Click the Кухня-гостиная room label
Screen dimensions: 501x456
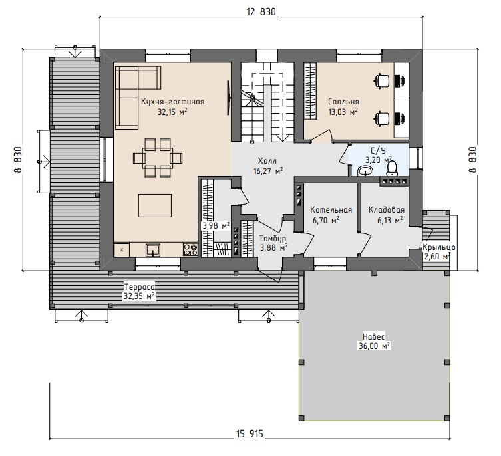point(172,102)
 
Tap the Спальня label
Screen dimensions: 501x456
point(343,102)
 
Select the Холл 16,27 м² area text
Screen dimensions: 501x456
point(268,166)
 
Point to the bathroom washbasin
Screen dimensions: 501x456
point(365,171)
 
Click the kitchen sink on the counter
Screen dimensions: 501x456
point(153,250)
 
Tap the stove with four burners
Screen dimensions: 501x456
point(190,250)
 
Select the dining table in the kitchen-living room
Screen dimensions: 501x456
point(158,158)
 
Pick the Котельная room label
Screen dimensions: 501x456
point(331,210)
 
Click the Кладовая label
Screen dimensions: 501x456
point(387,210)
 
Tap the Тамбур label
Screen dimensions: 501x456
point(273,238)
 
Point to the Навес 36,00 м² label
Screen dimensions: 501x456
point(374,342)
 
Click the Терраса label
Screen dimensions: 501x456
point(139,286)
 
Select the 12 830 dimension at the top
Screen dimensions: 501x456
point(261,12)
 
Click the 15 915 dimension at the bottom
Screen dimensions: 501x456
point(250,434)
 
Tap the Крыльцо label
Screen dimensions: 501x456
point(439,247)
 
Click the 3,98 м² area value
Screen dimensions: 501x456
point(216,226)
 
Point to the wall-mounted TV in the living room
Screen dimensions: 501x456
point(228,98)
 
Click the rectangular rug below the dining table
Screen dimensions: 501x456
point(155,205)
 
